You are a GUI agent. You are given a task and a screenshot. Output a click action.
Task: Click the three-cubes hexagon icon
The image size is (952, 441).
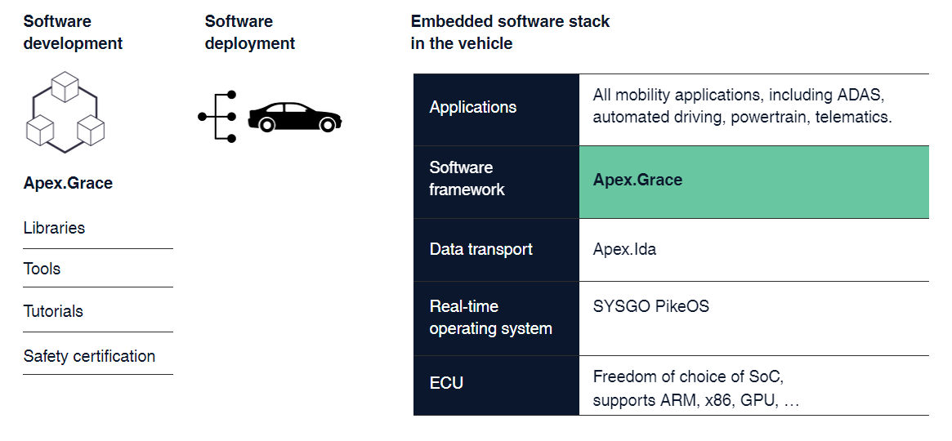[x=64, y=112]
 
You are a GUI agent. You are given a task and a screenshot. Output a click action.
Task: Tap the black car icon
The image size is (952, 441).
[x=295, y=117]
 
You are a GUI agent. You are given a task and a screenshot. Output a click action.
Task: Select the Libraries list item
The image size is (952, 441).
[x=55, y=228]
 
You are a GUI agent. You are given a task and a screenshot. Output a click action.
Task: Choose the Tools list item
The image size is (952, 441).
[x=42, y=269]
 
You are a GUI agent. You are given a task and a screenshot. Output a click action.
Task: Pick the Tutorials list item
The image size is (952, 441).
[x=54, y=311]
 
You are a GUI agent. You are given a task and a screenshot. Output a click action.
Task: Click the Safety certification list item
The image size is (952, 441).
[x=90, y=356]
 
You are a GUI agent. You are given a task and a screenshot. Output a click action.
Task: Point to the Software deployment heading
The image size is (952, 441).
[x=250, y=33]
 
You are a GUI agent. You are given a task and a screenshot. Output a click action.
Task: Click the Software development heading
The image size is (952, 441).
[x=73, y=33]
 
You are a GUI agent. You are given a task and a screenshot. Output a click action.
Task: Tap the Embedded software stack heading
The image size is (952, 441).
[x=510, y=33]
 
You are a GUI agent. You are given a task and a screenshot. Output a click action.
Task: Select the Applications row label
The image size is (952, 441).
[x=473, y=107]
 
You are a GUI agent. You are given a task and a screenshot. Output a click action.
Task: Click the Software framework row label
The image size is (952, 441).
[x=467, y=179]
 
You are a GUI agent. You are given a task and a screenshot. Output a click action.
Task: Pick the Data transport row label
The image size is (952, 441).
[x=481, y=249]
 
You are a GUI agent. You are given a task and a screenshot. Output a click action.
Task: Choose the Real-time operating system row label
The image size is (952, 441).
[x=491, y=318]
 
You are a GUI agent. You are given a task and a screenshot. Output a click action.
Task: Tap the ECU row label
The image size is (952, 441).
[x=447, y=382]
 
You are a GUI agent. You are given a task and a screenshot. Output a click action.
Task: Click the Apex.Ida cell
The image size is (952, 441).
[x=624, y=249]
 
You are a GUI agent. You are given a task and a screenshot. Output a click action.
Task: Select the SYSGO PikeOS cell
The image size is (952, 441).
[x=651, y=307]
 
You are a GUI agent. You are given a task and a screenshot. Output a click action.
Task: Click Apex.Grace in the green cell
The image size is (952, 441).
[x=637, y=180]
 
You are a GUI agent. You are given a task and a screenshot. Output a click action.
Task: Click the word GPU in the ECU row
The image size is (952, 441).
[x=758, y=402]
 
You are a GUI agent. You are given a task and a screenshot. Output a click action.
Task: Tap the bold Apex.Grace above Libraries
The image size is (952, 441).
[x=68, y=183]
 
